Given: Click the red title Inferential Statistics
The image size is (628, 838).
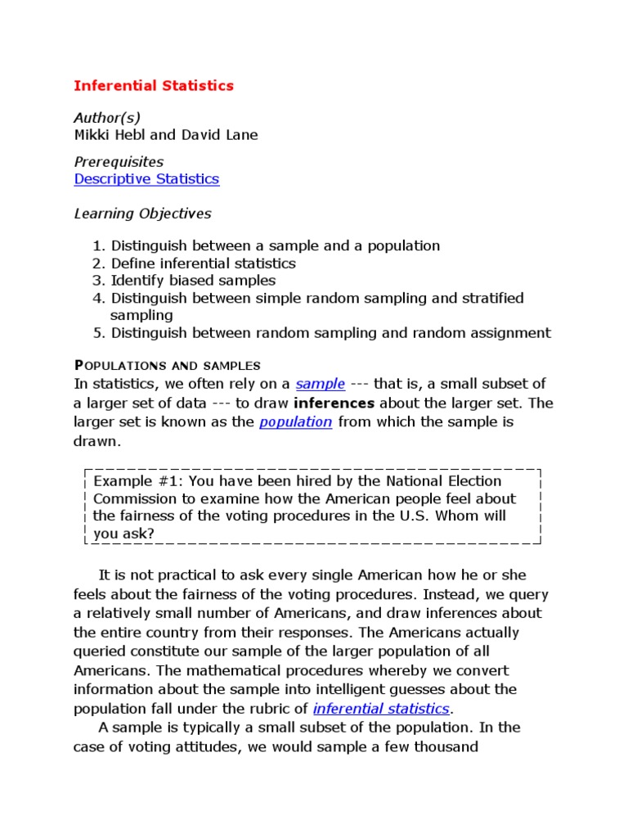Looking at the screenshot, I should (x=154, y=85).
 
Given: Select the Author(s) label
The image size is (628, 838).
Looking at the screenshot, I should (x=106, y=118).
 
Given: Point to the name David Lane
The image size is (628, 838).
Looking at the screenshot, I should (x=222, y=135).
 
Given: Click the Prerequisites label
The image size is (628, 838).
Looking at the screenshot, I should (x=119, y=161).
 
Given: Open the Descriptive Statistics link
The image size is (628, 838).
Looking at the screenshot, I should (x=146, y=178).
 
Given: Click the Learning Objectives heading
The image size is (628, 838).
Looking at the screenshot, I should (x=142, y=214).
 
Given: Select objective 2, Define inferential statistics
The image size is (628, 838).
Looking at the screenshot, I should (x=203, y=264).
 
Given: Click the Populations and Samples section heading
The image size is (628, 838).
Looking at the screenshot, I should (x=167, y=365).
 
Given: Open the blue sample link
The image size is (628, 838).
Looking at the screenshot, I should (x=321, y=384).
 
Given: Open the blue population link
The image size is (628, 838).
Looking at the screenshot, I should (x=295, y=421).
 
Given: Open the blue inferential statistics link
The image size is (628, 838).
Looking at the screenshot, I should (x=381, y=708).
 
